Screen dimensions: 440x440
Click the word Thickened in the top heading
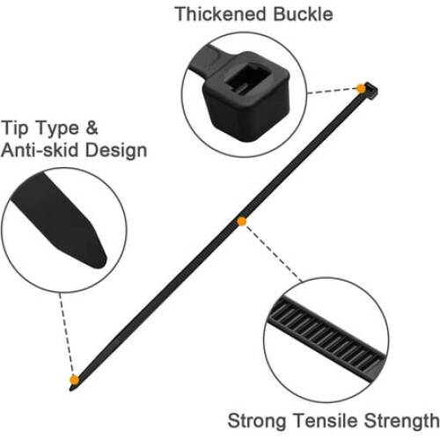[221, 14]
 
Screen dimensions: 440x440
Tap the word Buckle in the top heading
[303, 14]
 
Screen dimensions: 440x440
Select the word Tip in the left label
[15, 128]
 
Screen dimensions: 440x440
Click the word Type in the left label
[58, 129]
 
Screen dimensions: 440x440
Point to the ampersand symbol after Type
[92, 128]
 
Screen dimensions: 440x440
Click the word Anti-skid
[40, 150]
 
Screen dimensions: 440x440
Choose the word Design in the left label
[116, 150]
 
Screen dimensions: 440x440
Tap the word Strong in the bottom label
[257, 421]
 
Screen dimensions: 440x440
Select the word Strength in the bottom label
[402, 421]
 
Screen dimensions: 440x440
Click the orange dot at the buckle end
[361, 88]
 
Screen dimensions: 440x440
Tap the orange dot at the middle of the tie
[242, 222]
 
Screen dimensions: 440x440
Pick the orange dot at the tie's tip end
[75, 380]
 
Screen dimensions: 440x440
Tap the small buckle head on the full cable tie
[370, 90]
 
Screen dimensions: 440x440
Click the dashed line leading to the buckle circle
[332, 91]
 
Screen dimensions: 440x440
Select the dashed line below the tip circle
[67, 334]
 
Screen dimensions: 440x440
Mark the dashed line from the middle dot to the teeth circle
[273, 253]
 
